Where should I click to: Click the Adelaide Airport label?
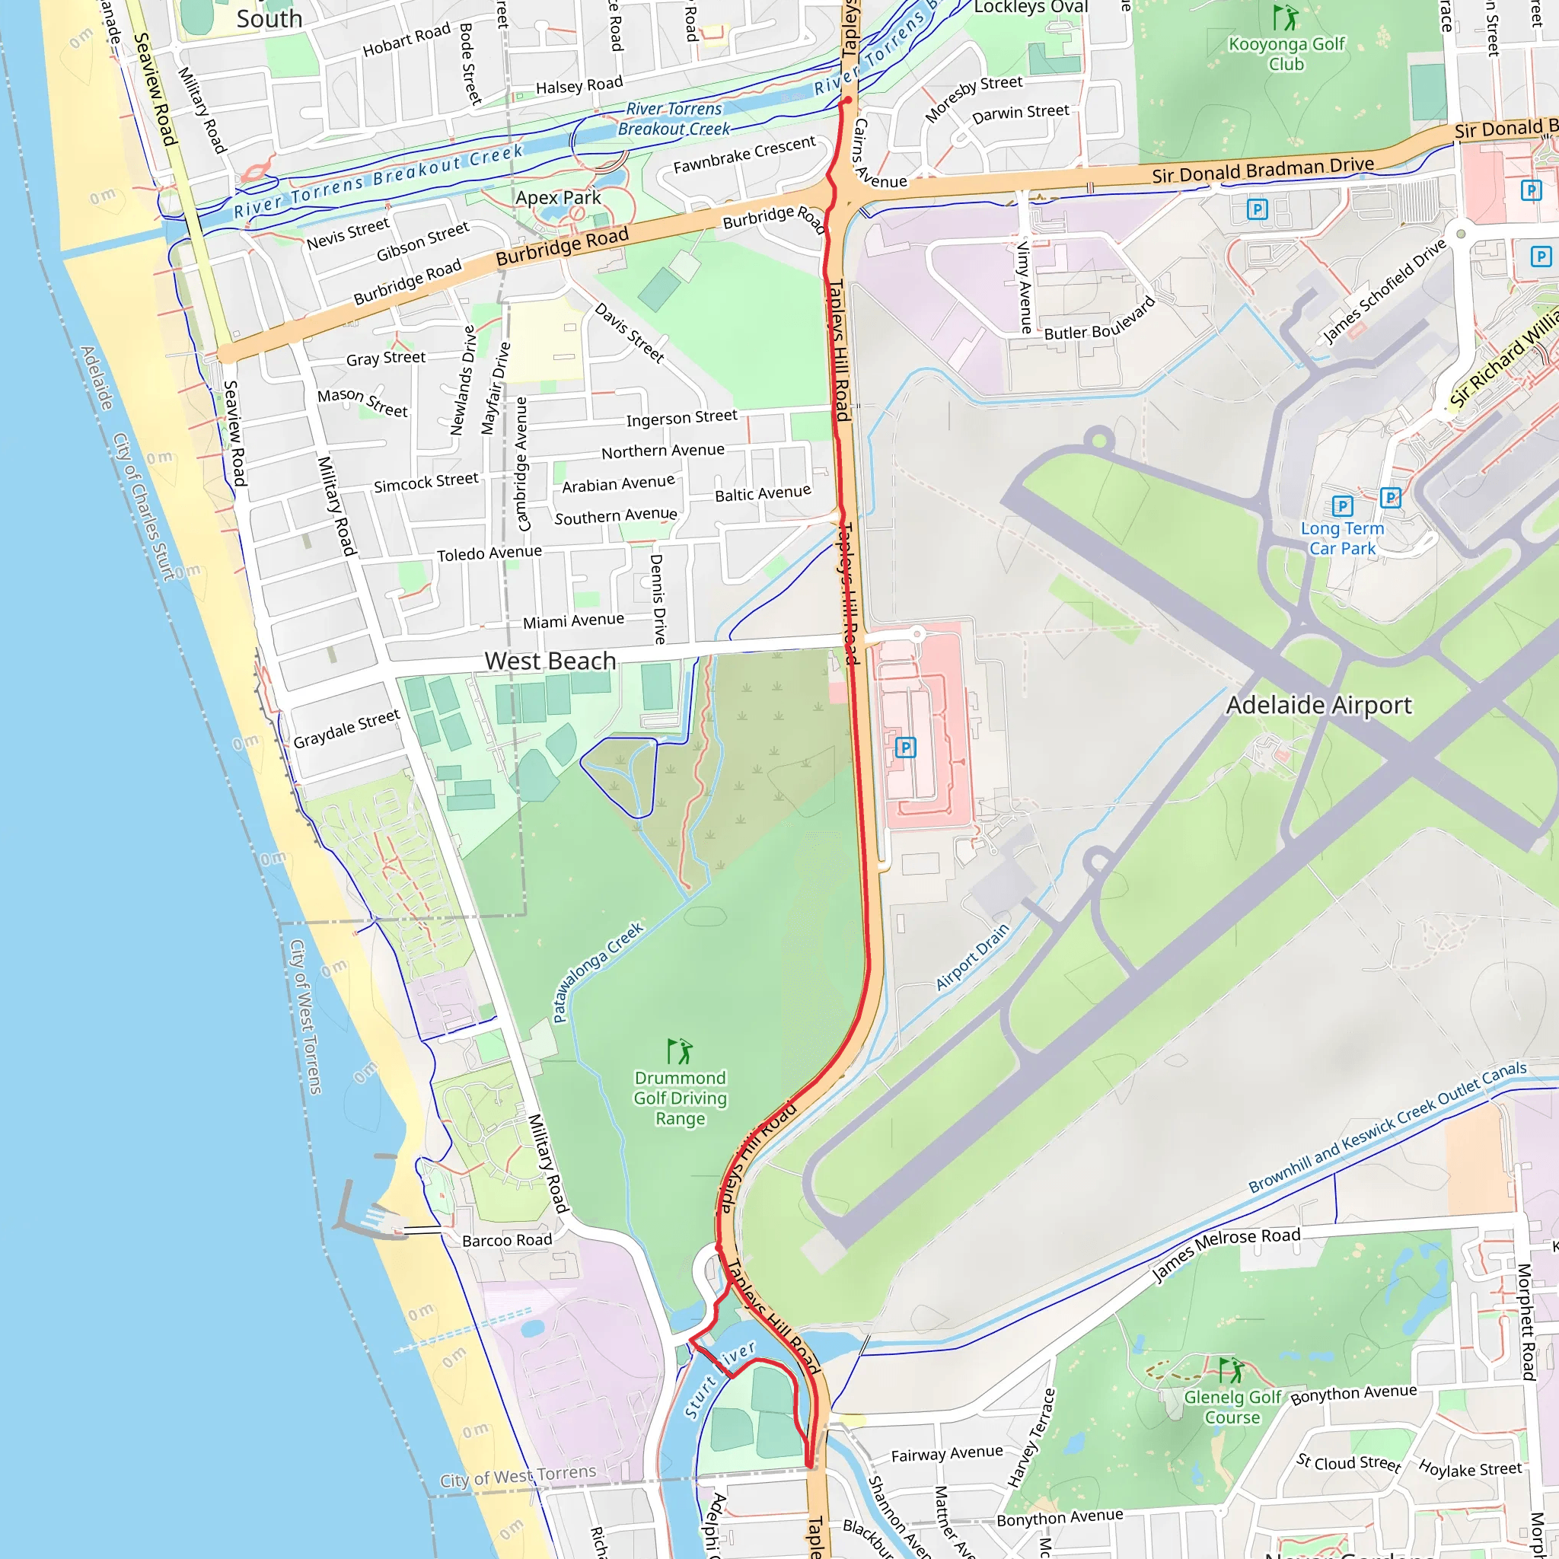click(x=1318, y=705)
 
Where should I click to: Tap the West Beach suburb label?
click(x=550, y=661)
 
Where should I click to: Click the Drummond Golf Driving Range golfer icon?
click(x=680, y=1051)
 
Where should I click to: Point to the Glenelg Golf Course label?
click(x=1232, y=1408)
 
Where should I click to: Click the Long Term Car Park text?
click(x=1342, y=538)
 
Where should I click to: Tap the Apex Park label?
click(x=559, y=198)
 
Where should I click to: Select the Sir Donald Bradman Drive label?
click(x=1262, y=171)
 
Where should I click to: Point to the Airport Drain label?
click(x=971, y=957)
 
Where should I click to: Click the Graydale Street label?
click(x=346, y=728)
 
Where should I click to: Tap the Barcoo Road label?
click(x=507, y=1240)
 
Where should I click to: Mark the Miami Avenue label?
click(x=573, y=621)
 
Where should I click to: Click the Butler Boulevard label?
click(x=1099, y=321)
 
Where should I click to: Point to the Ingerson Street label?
click(x=681, y=418)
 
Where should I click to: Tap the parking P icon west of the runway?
click(x=905, y=748)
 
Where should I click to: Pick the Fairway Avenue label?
click(x=946, y=1453)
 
